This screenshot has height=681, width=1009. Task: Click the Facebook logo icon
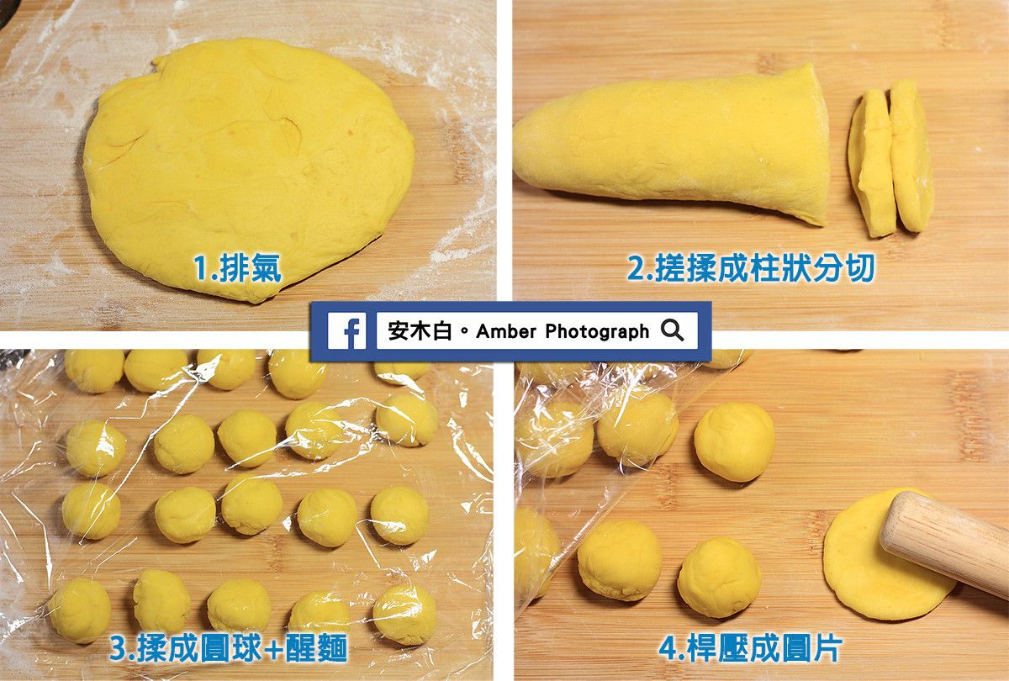click(x=346, y=331)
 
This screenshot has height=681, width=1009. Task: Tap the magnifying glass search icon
click(x=672, y=330)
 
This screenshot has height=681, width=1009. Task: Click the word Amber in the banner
click(x=506, y=331)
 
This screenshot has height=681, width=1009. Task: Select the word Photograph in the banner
click(x=597, y=332)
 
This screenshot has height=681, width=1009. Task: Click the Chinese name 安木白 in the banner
click(x=420, y=331)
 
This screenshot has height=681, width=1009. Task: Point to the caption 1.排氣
click(x=237, y=268)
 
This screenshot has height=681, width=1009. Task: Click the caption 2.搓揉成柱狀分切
click(x=751, y=268)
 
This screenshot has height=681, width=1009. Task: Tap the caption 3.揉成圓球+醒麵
click(x=229, y=647)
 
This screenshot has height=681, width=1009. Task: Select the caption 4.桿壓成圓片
click(x=750, y=647)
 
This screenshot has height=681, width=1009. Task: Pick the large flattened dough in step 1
click(x=249, y=169)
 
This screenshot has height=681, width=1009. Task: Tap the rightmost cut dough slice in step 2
click(x=911, y=156)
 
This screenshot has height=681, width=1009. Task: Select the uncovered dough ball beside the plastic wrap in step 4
click(x=734, y=442)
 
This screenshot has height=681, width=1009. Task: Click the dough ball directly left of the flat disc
click(x=720, y=577)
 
